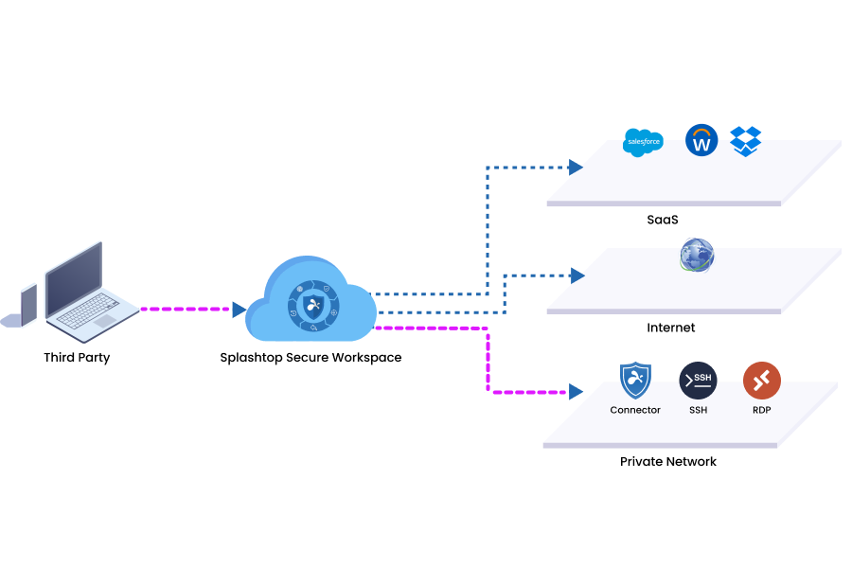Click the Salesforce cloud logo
643,142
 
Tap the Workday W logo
701,141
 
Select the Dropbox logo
746,141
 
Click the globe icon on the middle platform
697,255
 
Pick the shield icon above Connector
635,380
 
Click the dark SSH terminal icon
698,380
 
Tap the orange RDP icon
761,380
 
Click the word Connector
635,410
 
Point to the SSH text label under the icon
698,410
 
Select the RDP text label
761,410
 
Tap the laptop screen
73,276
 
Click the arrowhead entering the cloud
240,309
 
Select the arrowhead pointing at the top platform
576,167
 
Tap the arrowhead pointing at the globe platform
577,275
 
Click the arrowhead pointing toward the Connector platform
576,391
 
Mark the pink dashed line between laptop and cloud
185,309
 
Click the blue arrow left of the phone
9,320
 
